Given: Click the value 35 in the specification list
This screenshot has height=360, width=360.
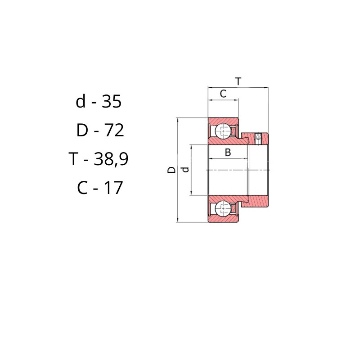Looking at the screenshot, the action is [111, 102].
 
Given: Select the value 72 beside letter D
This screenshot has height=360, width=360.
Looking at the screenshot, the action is [114, 130].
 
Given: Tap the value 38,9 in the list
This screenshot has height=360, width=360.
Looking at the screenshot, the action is [111, 159].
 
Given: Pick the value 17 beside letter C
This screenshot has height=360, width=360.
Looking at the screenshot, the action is [113, 188].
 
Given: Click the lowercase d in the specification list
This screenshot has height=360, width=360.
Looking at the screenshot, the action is [81, 101].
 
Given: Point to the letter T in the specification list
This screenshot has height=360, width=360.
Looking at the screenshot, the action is [73, 159].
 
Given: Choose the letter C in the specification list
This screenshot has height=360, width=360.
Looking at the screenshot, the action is [82, 188].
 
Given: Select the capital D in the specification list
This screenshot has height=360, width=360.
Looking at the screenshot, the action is [82, 130].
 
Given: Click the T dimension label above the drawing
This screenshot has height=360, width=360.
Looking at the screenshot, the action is [238, 81].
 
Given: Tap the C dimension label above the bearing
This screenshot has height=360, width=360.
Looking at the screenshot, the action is [223, 94].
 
